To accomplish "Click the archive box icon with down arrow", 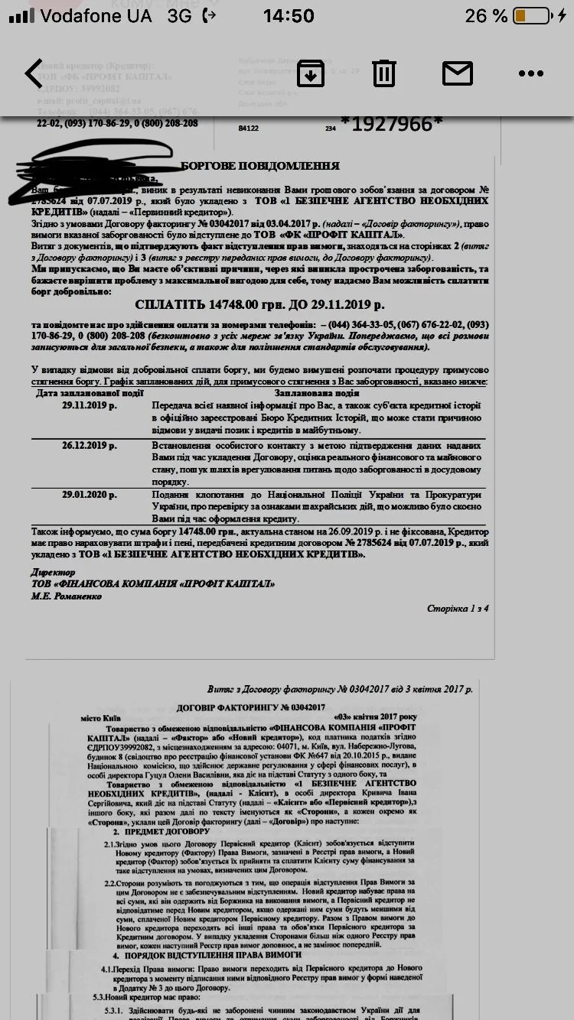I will click(x=311, y=73).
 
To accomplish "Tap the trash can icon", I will click(x=384, y=73).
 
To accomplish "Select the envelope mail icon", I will click(x=458, y=73).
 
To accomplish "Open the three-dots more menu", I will click(x=530, y=73).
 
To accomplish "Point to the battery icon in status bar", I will click(x=541, y=15).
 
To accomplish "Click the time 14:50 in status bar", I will click(x=288, y=15).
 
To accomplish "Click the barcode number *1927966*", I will click(x=391, y=123).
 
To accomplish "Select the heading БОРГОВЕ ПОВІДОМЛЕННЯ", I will click(x=260, y=166).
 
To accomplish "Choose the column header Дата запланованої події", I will click(x=90, y=393).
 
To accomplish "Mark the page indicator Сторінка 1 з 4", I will click(x=457, y=609).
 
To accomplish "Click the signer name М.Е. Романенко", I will click(x=67, y=596).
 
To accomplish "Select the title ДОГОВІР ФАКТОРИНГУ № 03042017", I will click(x=251, y=707).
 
